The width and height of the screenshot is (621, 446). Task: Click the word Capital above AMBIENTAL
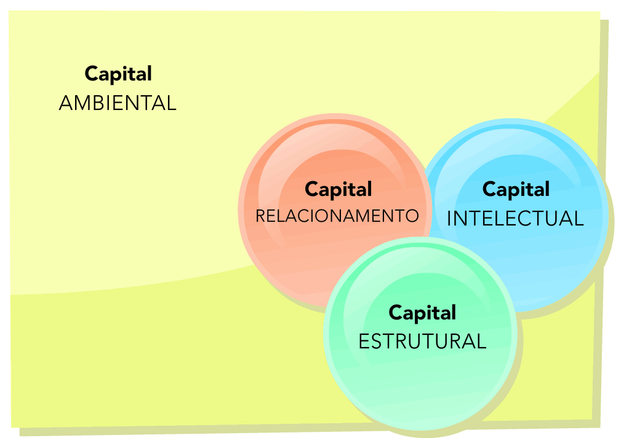click(x=118, y=74)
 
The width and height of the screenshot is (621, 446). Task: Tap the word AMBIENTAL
click(x=118, y=103)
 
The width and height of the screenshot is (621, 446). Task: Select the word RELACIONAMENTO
click(x=337, y=216)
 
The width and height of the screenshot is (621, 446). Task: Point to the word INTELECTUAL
click(x=515, y=219)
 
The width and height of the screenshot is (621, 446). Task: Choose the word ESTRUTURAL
click(x=422, y=341)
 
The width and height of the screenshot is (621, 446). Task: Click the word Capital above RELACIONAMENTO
click(x=339, y=189)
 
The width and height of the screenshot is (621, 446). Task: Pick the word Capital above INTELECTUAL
click(x=516, y=189)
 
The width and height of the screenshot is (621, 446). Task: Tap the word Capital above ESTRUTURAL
click(x=422, y=313)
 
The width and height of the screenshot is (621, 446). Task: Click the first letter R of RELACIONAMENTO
click(x=260, y=216)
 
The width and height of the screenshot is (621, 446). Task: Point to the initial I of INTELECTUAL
click(x=449, y=219)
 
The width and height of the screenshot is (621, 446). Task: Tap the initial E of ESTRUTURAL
click(x=363, y=341)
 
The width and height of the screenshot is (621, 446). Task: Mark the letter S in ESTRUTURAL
click(x=377, y=341)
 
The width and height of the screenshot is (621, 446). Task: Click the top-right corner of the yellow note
click(x=599, y=12)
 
